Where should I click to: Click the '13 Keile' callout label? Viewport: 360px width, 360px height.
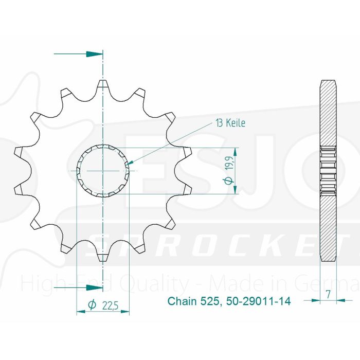point(230,123)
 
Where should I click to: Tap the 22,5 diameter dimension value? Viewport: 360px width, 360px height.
point(110,306)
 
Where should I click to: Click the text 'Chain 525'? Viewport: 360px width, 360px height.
point(193,301)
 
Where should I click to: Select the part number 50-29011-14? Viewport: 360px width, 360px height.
point(257,301)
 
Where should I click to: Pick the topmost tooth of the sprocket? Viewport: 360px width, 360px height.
point(103,84)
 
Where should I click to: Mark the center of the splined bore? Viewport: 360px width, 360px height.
point(103,170)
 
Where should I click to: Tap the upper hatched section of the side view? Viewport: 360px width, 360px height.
point(328,113)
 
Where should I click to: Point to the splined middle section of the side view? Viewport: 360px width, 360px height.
point(328,170)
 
